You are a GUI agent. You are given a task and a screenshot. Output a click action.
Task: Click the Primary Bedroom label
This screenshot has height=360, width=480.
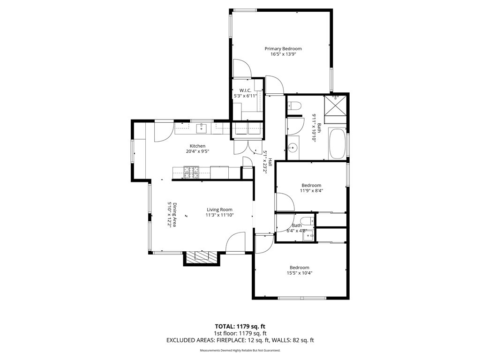[283, 49]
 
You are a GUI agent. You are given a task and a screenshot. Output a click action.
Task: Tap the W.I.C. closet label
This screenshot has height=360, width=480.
[245, 90]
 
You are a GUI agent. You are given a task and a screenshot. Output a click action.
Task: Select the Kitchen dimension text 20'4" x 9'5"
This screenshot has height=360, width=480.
[197, 151]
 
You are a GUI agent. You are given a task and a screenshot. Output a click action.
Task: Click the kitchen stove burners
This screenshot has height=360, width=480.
[191, 172]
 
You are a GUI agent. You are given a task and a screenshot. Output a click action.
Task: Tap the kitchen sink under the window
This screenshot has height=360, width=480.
[202, 128]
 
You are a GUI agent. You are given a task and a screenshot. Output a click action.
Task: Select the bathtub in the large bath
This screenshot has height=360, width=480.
[337, 144]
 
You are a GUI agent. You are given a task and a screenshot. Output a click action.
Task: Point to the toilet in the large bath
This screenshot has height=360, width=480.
[294, 106]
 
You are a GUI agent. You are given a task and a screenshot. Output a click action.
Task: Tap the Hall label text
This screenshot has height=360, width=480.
[270, 162]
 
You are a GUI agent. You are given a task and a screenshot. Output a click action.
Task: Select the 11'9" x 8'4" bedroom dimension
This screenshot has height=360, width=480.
[311, 190]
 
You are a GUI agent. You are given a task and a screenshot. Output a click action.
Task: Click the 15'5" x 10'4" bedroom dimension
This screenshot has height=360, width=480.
[300, 273]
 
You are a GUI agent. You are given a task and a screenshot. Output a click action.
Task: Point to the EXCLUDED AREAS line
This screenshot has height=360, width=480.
[240, 340]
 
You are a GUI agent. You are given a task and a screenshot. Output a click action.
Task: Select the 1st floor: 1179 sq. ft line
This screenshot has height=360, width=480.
[240, 333]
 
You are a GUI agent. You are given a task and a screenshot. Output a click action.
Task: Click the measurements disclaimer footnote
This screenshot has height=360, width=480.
[240, 350]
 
